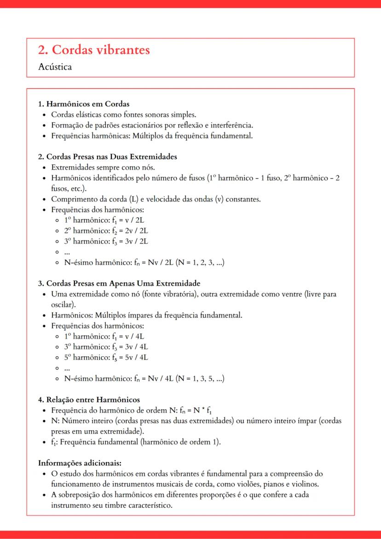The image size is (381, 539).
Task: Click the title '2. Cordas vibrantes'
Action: click(x=94, y=50)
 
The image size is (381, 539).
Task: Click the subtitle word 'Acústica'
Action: click(x=55, y=67)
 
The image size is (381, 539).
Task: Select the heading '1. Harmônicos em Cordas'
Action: click(x=83, y=104)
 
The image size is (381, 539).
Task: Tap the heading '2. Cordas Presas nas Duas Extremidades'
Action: click(x=108, y=156)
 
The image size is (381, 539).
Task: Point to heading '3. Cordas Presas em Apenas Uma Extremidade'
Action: click(x=119, y=283)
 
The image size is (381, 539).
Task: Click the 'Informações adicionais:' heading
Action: click(x=79, y=463)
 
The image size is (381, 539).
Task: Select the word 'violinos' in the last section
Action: click(x=300, y=484)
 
